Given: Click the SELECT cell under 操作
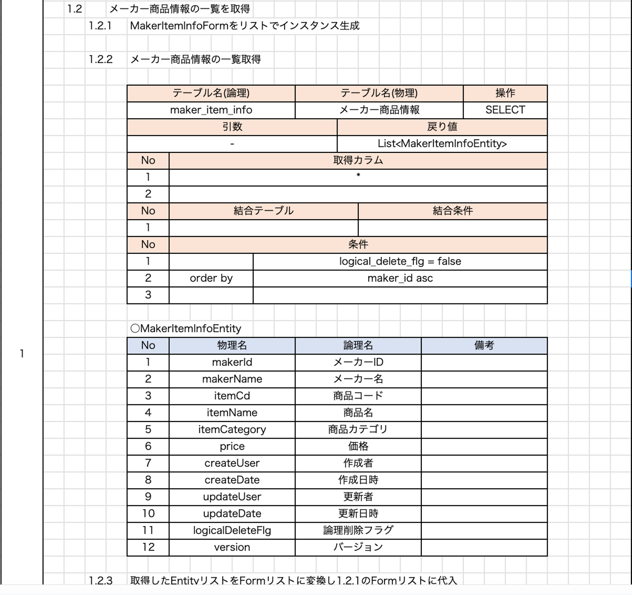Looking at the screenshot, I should tap(505, 110).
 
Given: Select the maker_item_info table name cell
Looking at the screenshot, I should tap(211, 110).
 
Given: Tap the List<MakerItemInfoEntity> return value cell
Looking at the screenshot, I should tap(442, 144).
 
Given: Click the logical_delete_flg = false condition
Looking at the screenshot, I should tap(400, 261).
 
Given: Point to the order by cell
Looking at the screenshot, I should tap(211, 278).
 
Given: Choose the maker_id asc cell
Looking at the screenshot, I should tap(400, 278).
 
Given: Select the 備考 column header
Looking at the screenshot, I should tap(484, 346).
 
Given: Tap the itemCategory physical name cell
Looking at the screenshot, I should tap(232, 429).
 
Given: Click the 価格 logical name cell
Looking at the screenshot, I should tap(358, 446).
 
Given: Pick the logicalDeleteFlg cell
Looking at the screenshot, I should tap(232, 530).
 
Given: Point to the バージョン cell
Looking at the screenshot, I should tap(358, 547).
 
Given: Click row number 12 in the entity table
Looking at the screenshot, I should tap(148, 547).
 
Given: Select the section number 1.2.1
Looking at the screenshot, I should tap(100, 26).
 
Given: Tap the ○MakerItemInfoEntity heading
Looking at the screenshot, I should tap(186, 328).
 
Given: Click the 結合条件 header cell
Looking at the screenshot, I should tap(452, 211).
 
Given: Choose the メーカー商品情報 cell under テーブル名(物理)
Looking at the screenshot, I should tap(379, 110).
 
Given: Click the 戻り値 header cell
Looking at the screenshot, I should tap(442, 127).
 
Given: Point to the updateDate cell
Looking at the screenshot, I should tap(232, 513).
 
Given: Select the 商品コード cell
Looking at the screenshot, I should tap(358, 396).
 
